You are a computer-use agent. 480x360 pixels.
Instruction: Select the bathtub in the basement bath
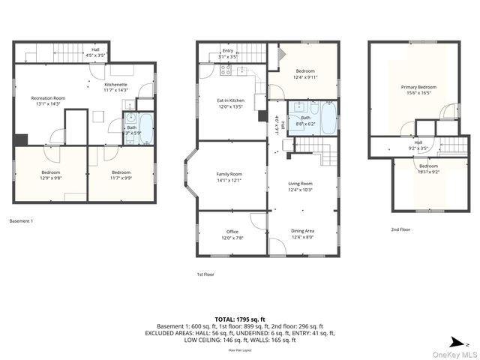point(145,128)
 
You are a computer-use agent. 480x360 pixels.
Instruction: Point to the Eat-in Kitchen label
point(230,100)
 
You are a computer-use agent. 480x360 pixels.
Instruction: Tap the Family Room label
point(230,174)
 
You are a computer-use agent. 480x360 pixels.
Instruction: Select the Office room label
point(232,232)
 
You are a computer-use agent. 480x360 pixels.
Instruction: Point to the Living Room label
point(301,184)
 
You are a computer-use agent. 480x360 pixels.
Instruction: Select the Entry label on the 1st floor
point(228,50)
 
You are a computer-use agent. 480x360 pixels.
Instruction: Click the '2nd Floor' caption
point(400,229)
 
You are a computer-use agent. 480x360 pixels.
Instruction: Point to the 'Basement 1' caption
point(21,221)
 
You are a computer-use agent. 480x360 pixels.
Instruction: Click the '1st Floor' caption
point(205,274)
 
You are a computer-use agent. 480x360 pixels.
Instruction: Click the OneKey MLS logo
point(454,352)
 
